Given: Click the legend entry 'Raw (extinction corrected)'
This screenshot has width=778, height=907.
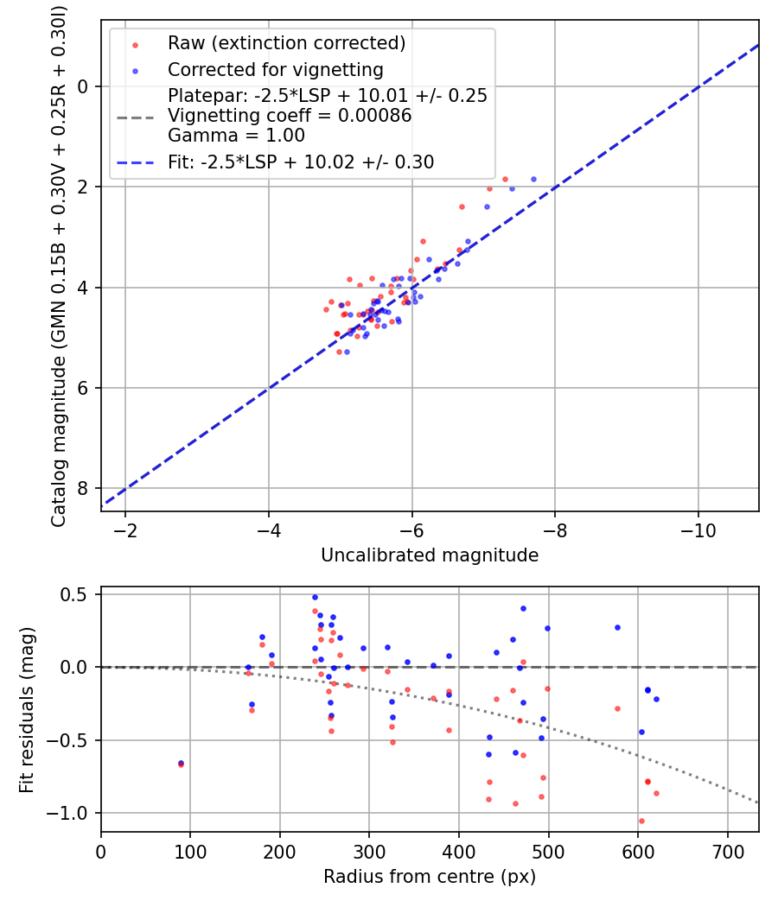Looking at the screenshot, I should [286, 43].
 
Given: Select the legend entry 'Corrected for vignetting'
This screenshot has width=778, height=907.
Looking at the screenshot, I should [276, 69].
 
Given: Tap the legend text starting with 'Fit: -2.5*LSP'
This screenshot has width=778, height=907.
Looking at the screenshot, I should [301, 162].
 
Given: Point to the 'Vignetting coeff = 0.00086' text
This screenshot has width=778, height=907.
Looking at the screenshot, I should [290, 116].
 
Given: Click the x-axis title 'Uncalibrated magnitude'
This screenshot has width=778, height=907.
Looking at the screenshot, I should [430, 555].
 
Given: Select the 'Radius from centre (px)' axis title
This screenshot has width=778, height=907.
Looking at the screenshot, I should [430, 877].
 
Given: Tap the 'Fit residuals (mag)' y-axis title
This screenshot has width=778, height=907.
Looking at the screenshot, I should [28, 709].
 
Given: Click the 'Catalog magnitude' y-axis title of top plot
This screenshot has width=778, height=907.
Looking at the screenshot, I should [59, 264].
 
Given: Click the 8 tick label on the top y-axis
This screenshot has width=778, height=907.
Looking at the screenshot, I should [83, 489].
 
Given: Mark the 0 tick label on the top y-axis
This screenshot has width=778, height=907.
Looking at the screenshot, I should [83, 86].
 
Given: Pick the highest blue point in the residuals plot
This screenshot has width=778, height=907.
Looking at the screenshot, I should [315, 597].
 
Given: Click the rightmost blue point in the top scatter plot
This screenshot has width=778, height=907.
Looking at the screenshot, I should [533, 179].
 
